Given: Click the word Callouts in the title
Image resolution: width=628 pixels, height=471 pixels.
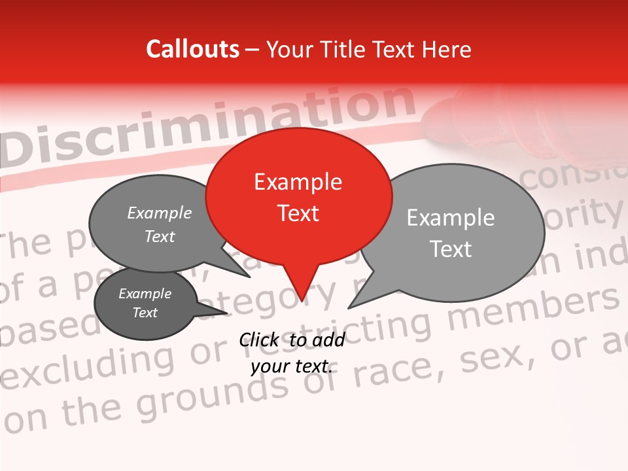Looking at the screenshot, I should click(x=192, y=49).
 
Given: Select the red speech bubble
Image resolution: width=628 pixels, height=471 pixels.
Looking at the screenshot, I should click(x=298, y=196).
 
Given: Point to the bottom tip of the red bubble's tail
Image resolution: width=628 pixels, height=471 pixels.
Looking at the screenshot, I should click(x=302, y=302).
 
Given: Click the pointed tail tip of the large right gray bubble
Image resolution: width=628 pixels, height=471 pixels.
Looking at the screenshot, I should click(x=349, y=307).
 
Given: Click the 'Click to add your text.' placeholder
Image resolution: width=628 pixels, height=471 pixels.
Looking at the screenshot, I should click(x=292, y=353).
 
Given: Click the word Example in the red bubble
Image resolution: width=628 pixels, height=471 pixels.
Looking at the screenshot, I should click(x=298, y=183).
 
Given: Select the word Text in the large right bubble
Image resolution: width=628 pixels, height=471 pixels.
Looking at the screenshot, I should click(x=452, y=249).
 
